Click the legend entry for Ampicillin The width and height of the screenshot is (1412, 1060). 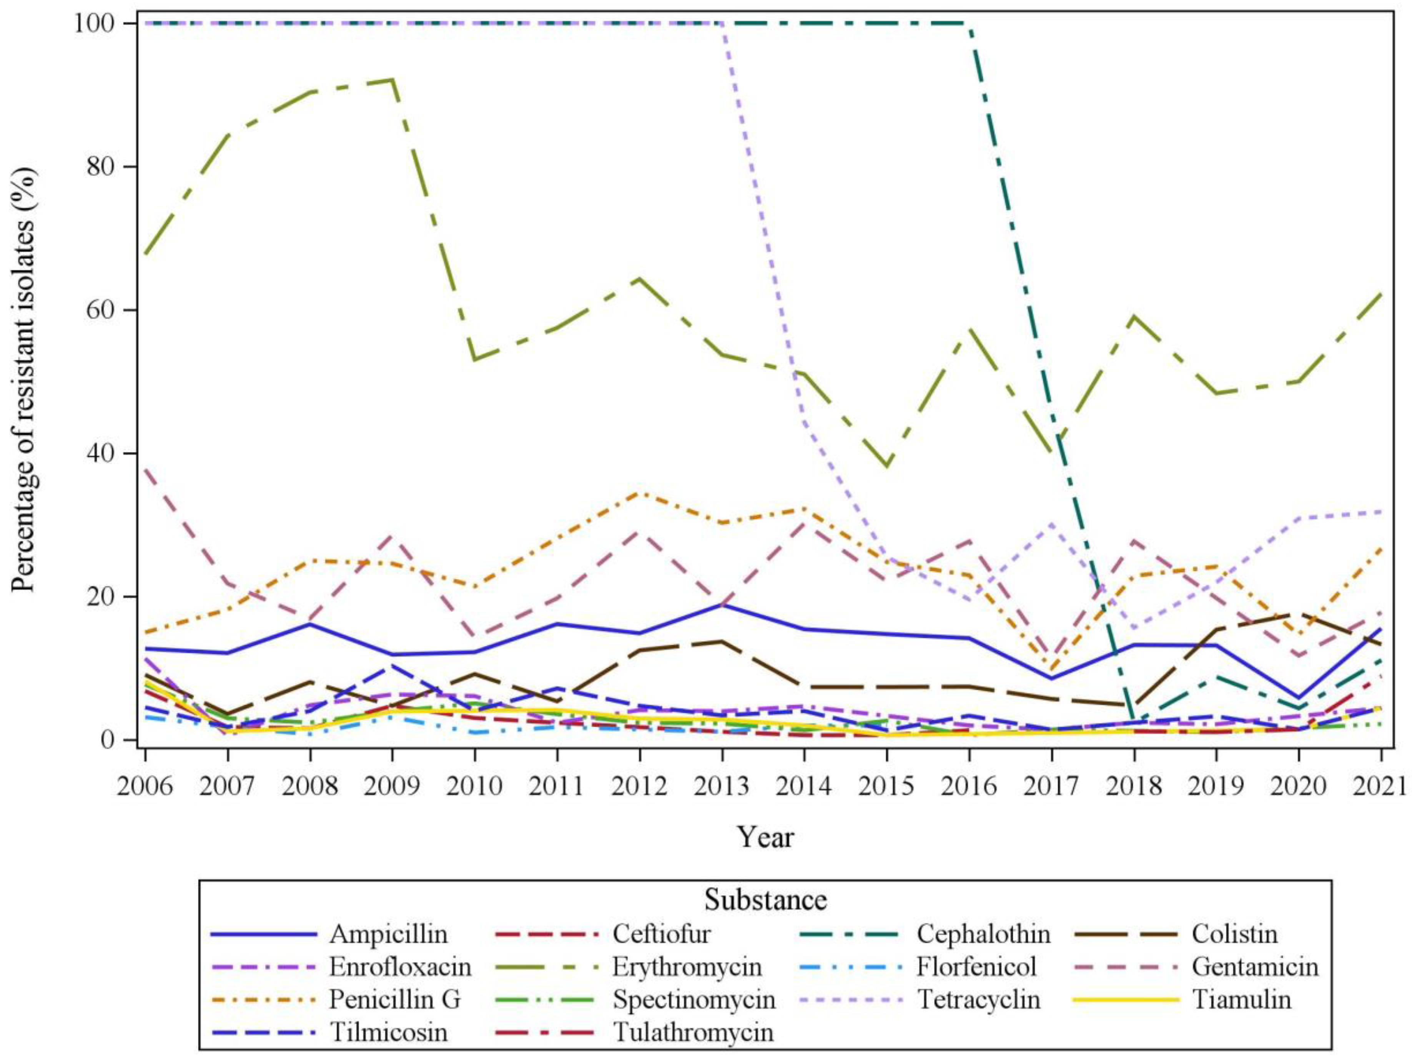pyautogui.click(x=388, y=934)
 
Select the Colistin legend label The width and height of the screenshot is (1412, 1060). pyautogui.click(x=1234, y=934)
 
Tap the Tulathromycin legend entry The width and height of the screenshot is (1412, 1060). pyautogui.click(x=693, y=1032)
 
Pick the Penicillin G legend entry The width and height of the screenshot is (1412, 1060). pyautogui.click(x=394, y=999)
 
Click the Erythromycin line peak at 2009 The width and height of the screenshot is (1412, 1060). pyautogui.click(x=392, y=80)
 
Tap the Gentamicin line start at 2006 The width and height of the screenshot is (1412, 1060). pyautogui.click(x=146, y=469)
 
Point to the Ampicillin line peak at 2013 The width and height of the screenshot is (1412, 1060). pyautogui.click(x=722, y=604)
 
